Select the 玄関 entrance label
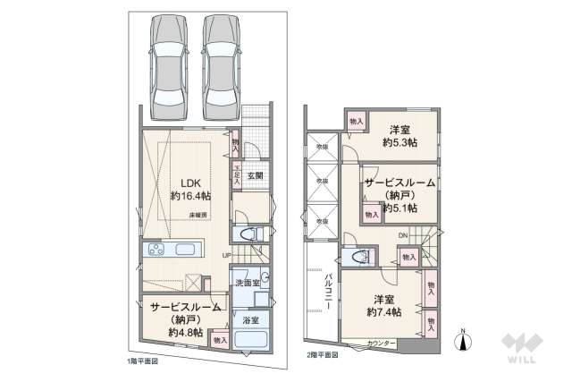[x=255, y=176]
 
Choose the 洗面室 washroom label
[x=247, y=283]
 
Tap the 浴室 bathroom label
[x=250, y=319]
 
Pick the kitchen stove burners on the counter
[x=157, y=249]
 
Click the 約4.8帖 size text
[x=185, y=332]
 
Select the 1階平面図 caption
[x=142, y=361]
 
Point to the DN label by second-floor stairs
[x=403, y=235]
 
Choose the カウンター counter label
[x=382, y=344]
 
